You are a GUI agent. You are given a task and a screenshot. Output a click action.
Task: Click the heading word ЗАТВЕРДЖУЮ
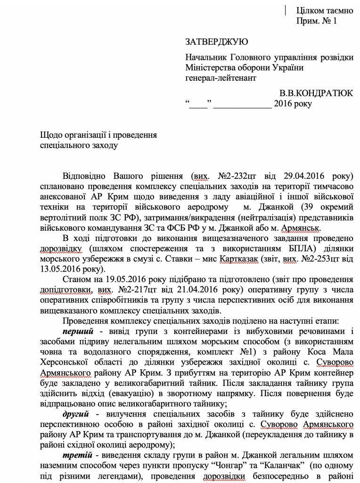(217, 42)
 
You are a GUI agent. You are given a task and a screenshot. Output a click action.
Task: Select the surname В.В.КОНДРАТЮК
(316, 93)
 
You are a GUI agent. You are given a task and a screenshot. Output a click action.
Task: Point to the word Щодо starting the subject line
(51, 135)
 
